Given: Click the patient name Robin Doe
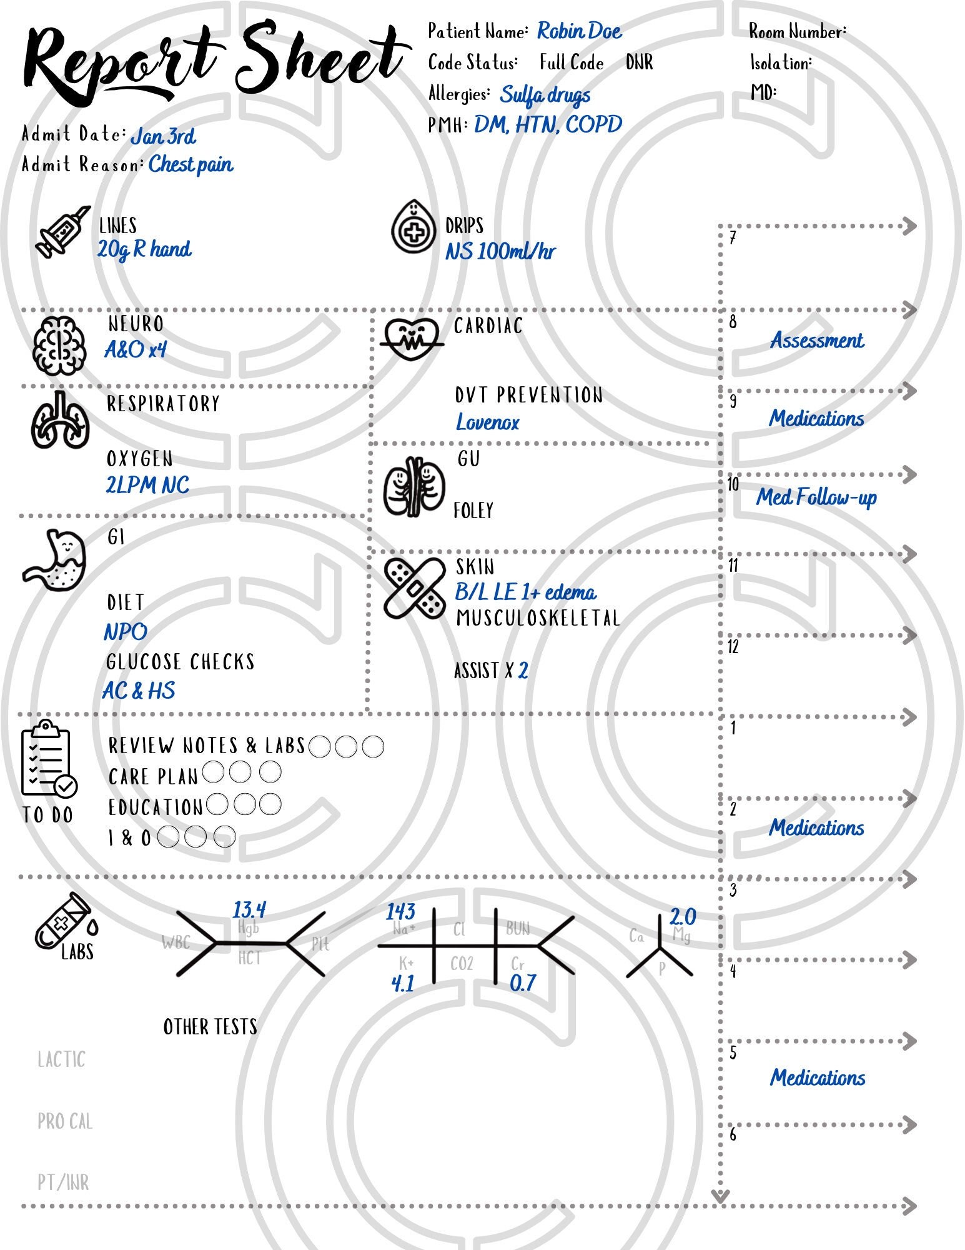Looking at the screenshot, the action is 579,31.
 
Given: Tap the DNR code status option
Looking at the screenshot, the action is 639,62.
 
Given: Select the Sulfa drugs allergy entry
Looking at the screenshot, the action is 545,95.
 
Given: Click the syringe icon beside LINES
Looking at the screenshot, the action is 62,231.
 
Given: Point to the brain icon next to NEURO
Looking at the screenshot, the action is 59,345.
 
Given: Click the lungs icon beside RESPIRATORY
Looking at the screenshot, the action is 60,420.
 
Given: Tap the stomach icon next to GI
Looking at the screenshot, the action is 55,559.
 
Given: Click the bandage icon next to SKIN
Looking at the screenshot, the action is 414,587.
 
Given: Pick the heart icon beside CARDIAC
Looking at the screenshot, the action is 412,337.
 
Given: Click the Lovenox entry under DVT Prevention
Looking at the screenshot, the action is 488,422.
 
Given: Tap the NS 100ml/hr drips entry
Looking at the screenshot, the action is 500,252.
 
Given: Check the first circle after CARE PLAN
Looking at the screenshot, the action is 213,772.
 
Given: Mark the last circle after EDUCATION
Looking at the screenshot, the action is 270,804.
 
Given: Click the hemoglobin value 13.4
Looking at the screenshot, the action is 250,909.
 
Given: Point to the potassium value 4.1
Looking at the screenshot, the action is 403,984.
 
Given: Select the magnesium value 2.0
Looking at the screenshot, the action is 683,917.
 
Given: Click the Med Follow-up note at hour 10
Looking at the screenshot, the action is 817,497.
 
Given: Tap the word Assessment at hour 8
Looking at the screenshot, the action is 817,341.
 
